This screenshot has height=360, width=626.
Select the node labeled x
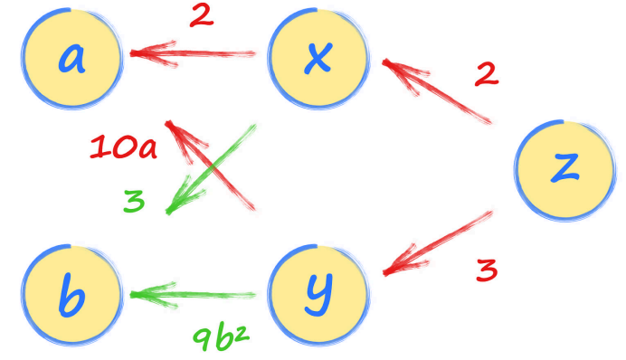[318, 58]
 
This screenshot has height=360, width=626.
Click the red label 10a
[123, 147]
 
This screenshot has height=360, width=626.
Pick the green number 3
[134, 201]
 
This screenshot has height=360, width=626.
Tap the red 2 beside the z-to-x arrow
[487, 73]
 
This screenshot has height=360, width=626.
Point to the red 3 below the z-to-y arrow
[486, 270]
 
